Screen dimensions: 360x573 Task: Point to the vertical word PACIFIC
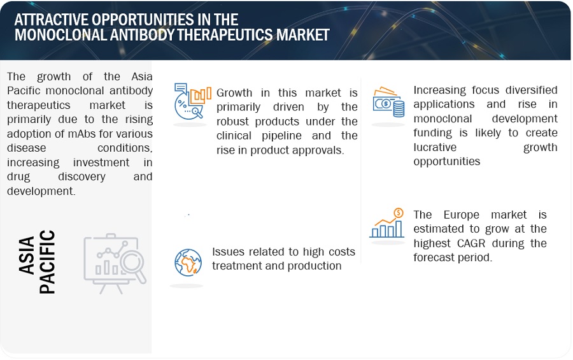tap(47, 262)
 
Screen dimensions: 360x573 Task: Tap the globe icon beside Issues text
tap(188, 261)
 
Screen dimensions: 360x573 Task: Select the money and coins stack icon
tap(388, 102)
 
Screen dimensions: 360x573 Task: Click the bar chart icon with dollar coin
tap(387, 224)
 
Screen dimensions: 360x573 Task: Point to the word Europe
tap(455, 215)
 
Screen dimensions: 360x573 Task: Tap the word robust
tap(237, 121)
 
